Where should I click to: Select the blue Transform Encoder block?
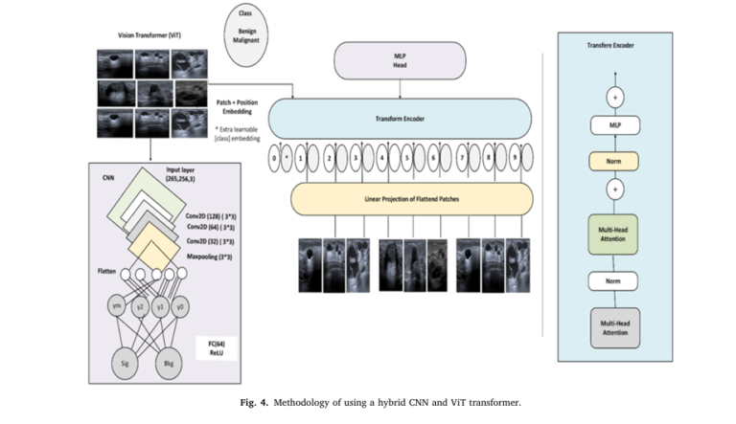399,119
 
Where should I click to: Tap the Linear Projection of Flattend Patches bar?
399,198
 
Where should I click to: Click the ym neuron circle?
116,306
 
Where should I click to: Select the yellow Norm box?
613,161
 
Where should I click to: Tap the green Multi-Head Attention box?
613,234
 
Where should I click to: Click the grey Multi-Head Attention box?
613,327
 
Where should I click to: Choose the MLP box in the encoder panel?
613,125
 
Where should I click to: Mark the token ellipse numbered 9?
517,155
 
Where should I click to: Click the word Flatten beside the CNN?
107,272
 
